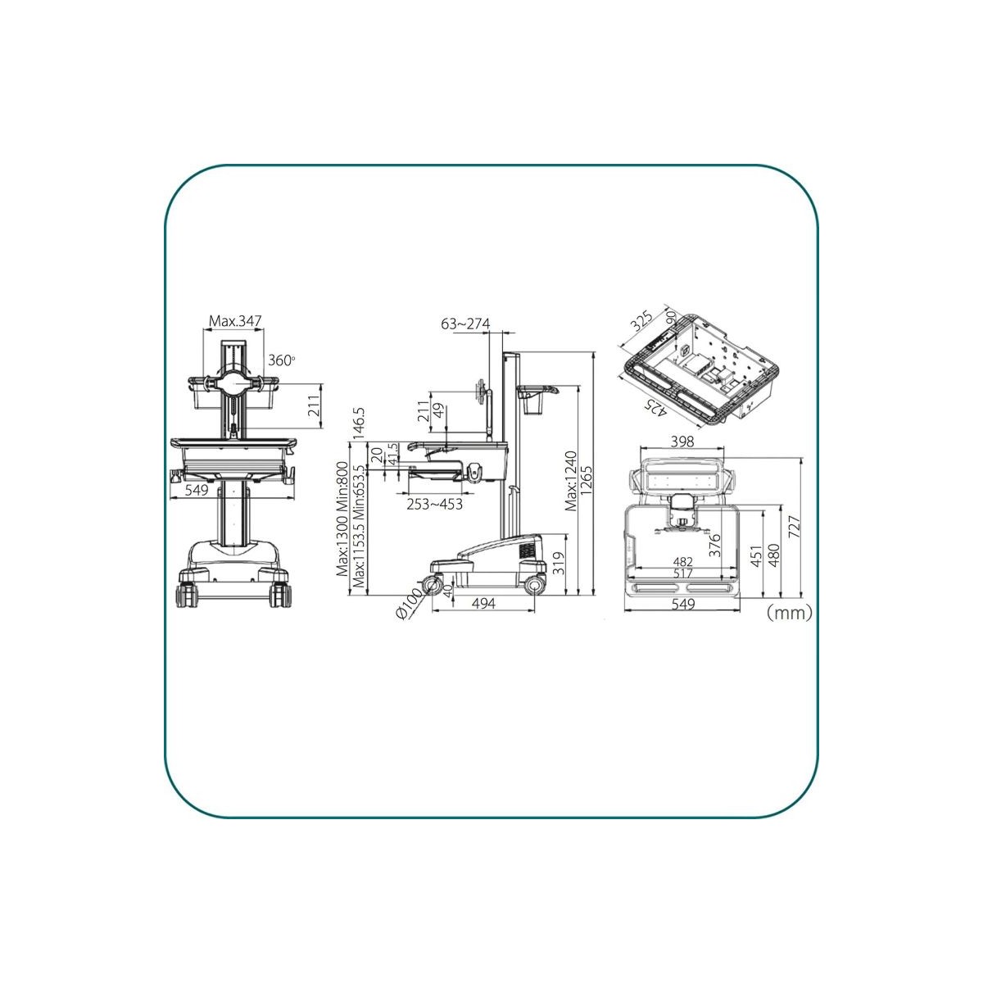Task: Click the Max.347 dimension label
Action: [x=235, y=321]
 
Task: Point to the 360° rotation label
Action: [x=282, y=360]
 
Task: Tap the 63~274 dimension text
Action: [x=465, y=324]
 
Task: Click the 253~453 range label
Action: [x=434, y=504]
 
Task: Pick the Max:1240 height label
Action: [x=571, y=481]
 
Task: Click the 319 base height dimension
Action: [x=559, y=564]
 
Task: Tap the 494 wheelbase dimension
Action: [x=483, y=604]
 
